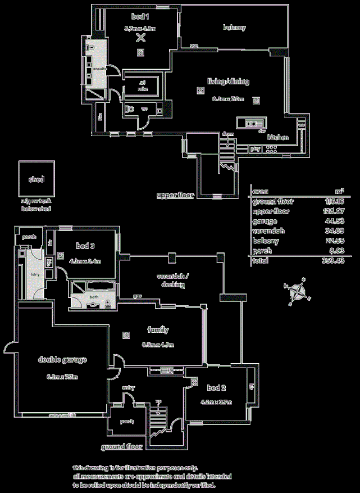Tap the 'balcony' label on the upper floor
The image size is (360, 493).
point(234,28)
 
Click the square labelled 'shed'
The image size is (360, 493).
point(37,180)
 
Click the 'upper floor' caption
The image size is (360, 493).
point(175,196)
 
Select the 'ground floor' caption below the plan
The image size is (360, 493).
point(122,447)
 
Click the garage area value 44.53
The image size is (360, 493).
point(335,221)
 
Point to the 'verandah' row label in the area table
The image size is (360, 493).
point(268,231)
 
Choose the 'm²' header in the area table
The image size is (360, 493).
point(339,191)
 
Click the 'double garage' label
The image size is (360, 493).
point(62,360)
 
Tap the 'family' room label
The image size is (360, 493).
point(158,331)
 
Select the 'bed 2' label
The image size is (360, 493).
point(216,388)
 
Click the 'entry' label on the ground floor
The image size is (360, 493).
point(129,388)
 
